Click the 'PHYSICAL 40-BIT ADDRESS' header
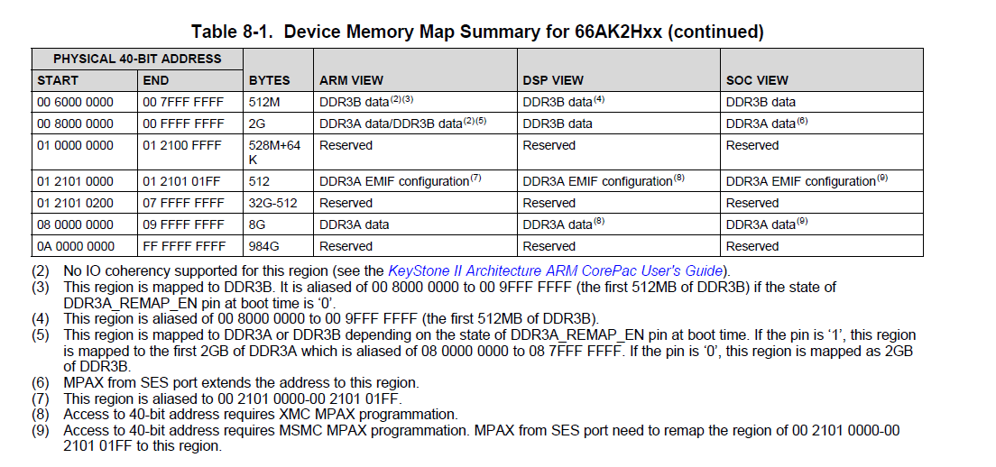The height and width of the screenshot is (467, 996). (137, 59)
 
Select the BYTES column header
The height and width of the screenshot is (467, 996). (270, 80)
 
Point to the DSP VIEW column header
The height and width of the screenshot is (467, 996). (553, 80)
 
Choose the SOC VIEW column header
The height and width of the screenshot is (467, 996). (757, 80)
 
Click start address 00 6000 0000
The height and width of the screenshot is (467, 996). (76, 102)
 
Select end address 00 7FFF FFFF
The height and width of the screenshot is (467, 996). (183, 102)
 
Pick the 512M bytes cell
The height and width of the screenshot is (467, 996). (264, 102)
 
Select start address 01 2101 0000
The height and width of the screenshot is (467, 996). (76, 181)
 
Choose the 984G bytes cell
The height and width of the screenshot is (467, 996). (264, 246)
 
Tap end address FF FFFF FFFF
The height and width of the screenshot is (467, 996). (183, 246)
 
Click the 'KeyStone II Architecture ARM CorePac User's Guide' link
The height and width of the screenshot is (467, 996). (555, 270)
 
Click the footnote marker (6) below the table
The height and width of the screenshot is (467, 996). (41, 383)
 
